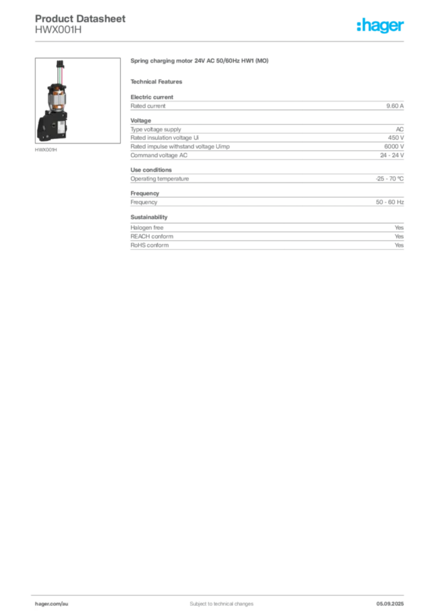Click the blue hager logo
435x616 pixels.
click(381, 26)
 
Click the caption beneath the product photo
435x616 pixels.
click(46, 150)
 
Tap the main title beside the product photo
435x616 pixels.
click(199, 61)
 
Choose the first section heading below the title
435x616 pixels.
click(159, 81)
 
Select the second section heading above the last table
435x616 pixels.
click(148, 215)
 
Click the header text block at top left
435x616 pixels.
click(81, 24)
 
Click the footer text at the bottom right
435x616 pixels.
click(391, 600)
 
